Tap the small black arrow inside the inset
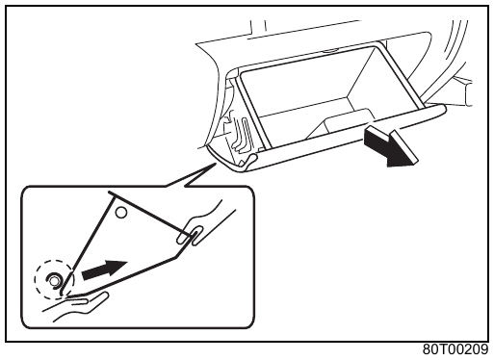click(x=104, y=270)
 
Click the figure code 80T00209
click(x=455, y=349)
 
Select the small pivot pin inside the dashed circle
click(x=54, y=280)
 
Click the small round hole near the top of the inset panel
click(x=121, y=213)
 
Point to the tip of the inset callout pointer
click(x=215, y=164)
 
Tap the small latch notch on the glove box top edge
click(x=330, y=50)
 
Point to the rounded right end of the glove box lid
click(x=442, y=110)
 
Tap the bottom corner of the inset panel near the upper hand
click(x=177, y=257)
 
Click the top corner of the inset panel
click(x=111, y=193)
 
